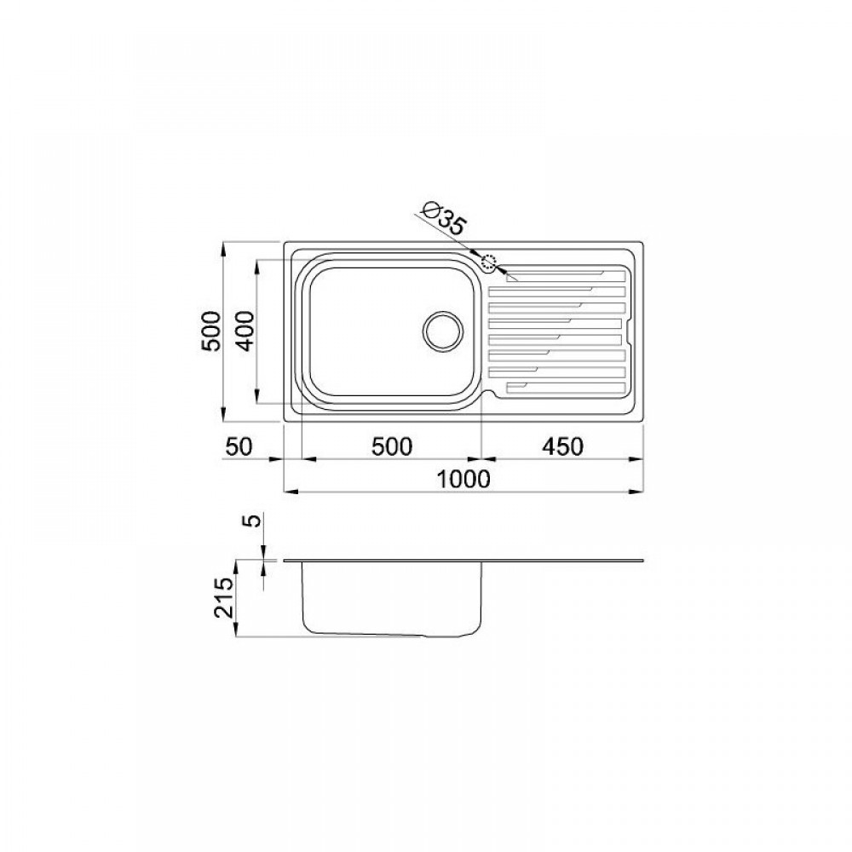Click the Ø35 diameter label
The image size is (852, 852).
[x=445, y=218]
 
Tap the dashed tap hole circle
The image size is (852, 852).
[x=489, y=263]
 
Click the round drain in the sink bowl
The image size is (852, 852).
[x=443, y=331]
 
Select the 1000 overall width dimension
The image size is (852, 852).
[x=463, y=479]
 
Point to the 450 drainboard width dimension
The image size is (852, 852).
[x=562, y=446]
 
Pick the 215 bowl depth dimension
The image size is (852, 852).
[x=223, y=598]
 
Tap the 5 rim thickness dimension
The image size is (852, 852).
[x=254, y=520]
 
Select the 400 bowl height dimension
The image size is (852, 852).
[x=245, y=331]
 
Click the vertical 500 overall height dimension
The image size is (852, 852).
[x=212, y=331]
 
